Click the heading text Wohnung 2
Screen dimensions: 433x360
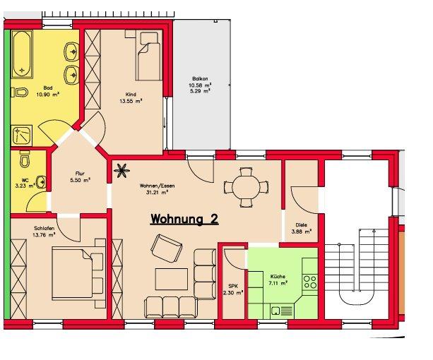click(184, 220)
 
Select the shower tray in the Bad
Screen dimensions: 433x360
click(22, 135)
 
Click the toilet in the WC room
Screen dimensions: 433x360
click(25, 159)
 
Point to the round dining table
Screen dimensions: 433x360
click(246, 188)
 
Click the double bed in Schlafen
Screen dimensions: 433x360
click(78, 273)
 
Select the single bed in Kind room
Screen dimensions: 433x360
click(148, 55)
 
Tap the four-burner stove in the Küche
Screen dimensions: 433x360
click(310, 282)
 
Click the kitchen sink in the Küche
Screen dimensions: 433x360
click(283, 311)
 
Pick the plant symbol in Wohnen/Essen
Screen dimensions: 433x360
click(121, 171)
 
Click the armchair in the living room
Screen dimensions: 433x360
click(166, 248)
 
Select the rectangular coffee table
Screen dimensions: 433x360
click(172, 279)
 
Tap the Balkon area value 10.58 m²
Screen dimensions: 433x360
click(200, 85)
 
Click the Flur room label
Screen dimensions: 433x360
click(80, 174)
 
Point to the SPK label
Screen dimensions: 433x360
click(233, 286)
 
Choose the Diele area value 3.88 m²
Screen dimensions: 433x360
click(302, 232)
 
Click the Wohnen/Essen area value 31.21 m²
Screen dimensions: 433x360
click(157, 193)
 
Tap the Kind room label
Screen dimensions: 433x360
click(131, 95)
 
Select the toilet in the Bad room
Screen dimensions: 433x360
click(20, 92)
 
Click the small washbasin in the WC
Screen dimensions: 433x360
click(42, 182)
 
